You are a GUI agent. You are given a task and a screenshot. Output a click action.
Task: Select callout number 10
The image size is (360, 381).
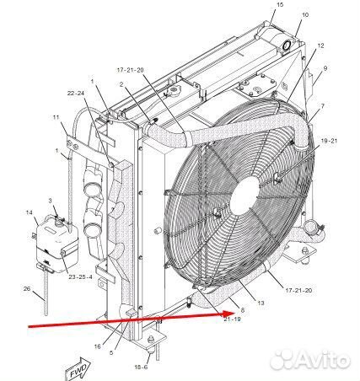pos(305,14)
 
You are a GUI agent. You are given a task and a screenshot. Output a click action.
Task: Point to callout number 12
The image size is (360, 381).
pos(320,46)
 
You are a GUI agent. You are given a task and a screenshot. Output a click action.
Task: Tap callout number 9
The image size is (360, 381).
pos(325,68)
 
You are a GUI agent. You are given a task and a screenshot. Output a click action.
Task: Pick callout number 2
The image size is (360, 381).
pos(121,84)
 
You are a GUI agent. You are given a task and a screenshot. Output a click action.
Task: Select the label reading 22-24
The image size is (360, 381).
pos(76,94)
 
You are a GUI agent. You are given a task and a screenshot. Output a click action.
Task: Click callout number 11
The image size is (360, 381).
pos(56,117)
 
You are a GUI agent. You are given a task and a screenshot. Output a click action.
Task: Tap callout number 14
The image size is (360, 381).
pos(30,212)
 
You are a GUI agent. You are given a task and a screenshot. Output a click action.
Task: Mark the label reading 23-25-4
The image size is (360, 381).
pos(80,276)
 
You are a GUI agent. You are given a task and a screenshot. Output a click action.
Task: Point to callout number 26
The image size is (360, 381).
pos(27,288)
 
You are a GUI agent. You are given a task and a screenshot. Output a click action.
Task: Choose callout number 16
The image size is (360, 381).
pos(97,346)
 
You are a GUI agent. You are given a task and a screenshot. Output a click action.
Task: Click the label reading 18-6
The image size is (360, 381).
pos(141,367)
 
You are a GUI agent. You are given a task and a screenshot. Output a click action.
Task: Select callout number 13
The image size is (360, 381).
pos(261,303)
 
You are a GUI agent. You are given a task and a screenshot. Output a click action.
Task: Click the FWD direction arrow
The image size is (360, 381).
pos(78,369)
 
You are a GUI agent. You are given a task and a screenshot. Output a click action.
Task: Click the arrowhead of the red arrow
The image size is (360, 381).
pos(230,314)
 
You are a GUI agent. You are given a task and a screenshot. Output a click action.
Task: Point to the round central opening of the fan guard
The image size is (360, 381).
pos(244,196)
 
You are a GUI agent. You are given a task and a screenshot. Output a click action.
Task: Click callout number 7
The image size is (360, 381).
pos(323,106)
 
